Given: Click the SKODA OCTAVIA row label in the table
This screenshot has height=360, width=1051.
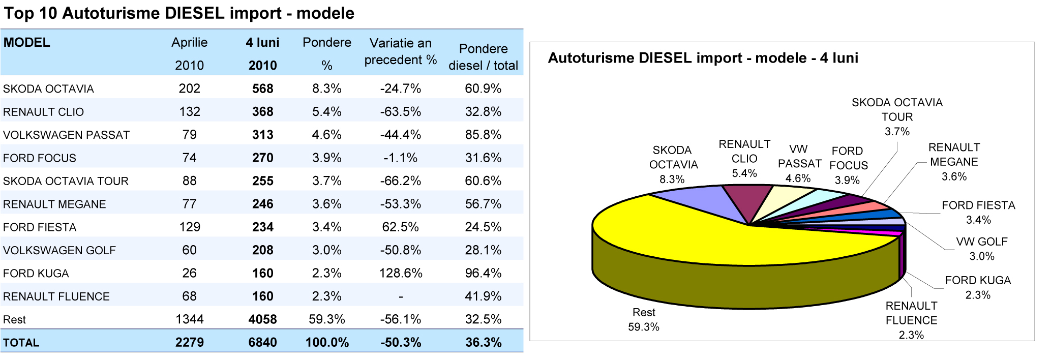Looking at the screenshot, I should pos(48,89).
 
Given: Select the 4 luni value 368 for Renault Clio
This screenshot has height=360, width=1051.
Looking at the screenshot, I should pos(262,112).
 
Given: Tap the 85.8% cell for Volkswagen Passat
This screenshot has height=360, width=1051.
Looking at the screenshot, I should pos(483,135).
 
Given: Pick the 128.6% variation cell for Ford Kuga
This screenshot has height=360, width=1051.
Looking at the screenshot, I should pos(400,274).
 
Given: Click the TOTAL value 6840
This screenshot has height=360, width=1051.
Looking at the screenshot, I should pos(262,343).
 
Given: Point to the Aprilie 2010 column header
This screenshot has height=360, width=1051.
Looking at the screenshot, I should pos(189,53).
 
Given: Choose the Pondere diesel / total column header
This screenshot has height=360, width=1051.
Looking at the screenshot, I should pos(483,57).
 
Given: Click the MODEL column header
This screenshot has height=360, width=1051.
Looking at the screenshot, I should pos(26,43).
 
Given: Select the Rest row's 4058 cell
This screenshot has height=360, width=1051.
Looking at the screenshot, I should pos(262,320).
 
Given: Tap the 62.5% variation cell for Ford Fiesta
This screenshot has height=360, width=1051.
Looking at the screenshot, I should pos(400,227).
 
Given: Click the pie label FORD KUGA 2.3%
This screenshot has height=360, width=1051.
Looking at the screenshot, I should pos(977,288).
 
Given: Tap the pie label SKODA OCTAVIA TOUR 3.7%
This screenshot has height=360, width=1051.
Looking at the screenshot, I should pos(897,117).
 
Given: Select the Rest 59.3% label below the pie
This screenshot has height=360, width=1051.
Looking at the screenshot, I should pos(643,320).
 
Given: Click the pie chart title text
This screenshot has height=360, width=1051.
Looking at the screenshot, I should pos(703,58).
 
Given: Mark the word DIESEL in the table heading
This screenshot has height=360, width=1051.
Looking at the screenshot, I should pos(194,13).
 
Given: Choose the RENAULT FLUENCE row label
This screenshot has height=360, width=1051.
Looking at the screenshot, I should pos(56,297).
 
